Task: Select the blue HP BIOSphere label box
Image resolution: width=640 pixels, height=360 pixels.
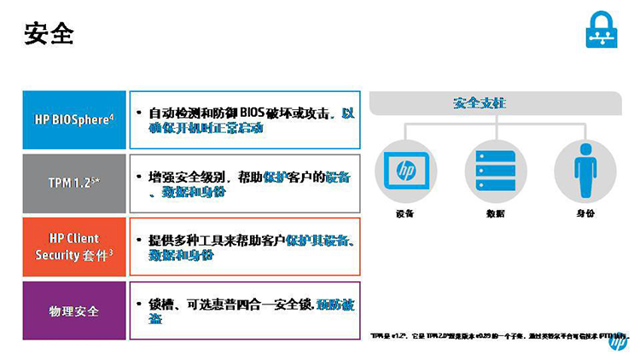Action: point(73,119)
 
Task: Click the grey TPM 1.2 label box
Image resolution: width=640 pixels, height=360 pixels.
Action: point(73,183)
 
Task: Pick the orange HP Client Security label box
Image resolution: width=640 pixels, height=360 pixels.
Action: point(73,247)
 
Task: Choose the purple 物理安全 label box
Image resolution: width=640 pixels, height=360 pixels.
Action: point(73,311)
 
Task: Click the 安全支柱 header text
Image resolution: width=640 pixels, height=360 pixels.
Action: point(479,103)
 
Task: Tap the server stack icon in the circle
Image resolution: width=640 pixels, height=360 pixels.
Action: point(494,168)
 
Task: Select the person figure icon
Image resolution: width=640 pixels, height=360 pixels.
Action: point(585,168)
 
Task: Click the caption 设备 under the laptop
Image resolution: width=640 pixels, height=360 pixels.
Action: point(404,213)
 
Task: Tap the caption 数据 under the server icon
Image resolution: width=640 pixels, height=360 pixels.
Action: point(495,213)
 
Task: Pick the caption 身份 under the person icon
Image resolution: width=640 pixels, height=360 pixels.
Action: point(585,213)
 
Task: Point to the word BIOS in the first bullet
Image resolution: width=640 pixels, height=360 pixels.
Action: point(253,113)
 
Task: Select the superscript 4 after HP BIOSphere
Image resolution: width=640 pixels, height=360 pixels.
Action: point(112,115)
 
